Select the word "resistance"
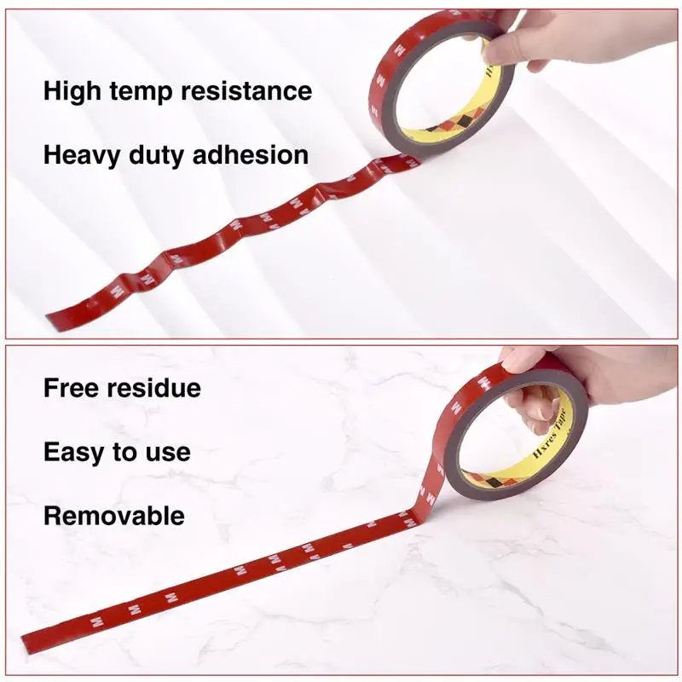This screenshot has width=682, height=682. click(x=251, y=91)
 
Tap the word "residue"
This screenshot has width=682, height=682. click(x=154, y=388)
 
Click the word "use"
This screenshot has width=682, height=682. click(x=168, y=453)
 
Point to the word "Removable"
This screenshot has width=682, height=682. click(x=113, y=516)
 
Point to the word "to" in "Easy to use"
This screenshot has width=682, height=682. click(x=124, y=453)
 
